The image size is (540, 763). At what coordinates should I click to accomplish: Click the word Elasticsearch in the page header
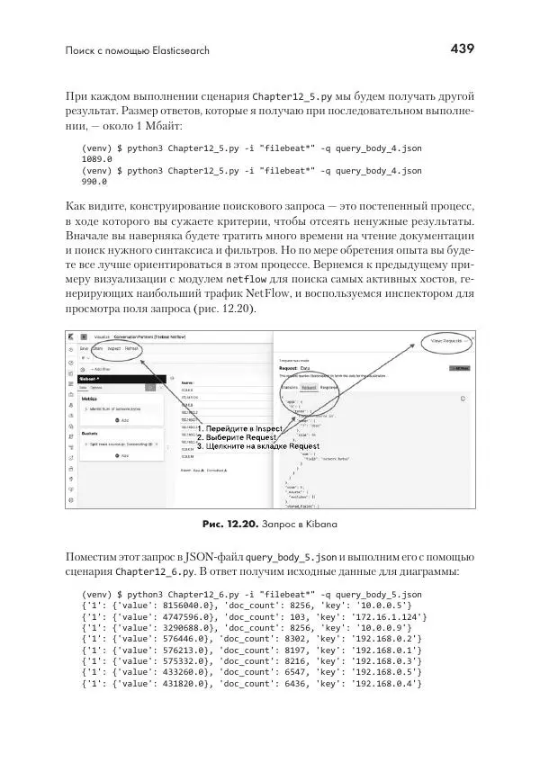point(175,51)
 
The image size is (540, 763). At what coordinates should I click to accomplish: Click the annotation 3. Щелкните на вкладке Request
point(258,446)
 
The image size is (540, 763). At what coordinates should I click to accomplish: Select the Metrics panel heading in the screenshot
point(90,397)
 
